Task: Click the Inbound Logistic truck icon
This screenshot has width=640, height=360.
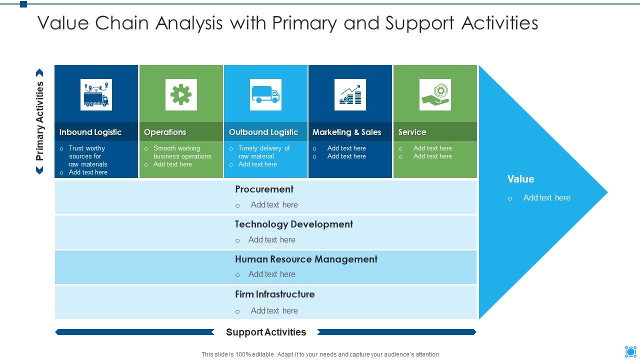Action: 96,94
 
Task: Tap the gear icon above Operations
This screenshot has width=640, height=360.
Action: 181,94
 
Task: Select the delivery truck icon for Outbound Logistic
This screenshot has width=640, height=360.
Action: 265,94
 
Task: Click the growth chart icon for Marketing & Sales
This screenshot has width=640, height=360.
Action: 350,94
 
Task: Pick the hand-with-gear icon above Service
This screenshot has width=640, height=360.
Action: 435,94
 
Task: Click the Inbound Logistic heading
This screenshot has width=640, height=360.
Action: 90,132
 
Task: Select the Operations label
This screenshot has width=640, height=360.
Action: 165,132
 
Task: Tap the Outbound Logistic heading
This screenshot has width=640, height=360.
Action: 263,132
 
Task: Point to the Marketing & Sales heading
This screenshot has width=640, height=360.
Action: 346,132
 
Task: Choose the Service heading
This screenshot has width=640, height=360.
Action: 412,132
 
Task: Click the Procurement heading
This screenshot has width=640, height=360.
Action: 264,189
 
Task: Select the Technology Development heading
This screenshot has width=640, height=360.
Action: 294,224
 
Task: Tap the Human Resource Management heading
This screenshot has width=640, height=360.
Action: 306,259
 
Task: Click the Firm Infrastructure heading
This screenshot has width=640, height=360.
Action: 275,294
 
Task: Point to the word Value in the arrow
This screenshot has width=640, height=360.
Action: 520,179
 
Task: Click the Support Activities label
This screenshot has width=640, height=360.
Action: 266,332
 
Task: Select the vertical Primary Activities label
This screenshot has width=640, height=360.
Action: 40,121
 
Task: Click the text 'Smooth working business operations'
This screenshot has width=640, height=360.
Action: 182,152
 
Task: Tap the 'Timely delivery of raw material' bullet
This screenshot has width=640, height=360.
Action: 263,152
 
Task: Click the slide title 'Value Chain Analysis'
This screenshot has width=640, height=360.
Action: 287,23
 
